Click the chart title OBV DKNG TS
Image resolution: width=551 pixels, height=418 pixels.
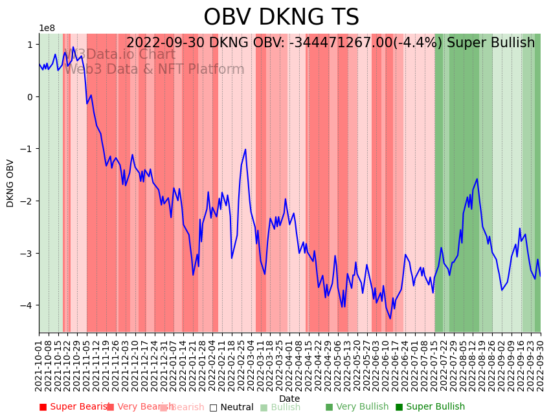281,17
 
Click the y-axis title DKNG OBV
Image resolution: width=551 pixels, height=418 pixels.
10,183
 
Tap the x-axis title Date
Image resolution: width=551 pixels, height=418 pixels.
289,399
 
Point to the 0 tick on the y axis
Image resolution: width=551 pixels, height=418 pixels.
30,97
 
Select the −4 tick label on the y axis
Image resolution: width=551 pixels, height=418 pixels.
27,305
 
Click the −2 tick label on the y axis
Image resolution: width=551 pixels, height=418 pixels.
27,201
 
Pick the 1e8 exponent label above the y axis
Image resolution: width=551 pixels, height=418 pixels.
47,28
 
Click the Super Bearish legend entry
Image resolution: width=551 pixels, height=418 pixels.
73,407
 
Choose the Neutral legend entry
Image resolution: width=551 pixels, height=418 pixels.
231,407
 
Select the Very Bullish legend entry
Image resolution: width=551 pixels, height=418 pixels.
357,407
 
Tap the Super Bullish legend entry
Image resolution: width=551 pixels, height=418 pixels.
430,407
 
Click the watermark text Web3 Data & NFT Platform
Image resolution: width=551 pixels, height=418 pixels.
154,70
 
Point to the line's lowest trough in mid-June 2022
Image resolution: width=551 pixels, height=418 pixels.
390,318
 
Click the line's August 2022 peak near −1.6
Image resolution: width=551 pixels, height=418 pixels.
477,179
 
